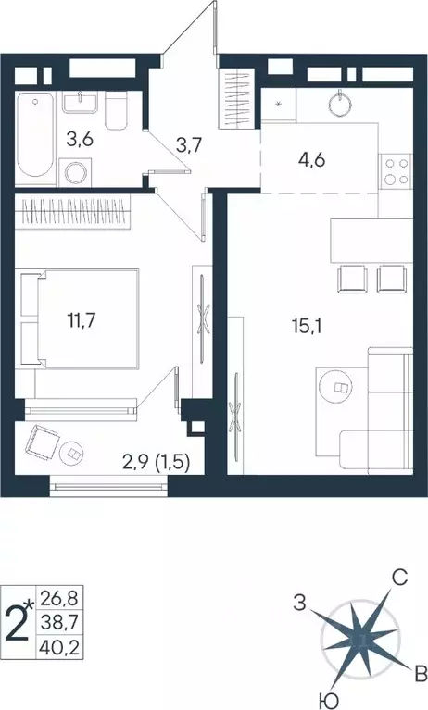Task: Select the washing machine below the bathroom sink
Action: (x=76, y=172)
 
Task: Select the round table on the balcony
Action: (x=73, y=454)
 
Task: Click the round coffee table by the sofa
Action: (x=337, y=388)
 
